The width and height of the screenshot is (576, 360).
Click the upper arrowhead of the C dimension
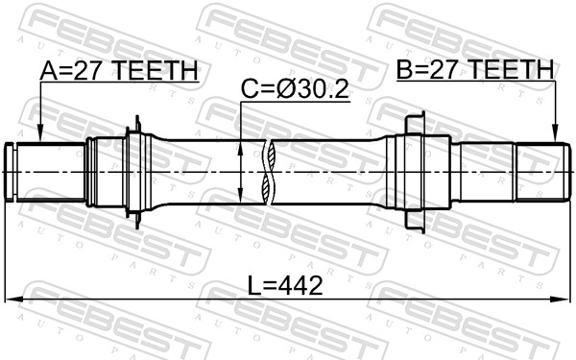[x=239, y=145]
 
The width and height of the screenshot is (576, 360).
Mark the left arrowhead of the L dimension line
[x=12, y=300]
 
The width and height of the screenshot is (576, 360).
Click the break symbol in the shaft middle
[x=271, y=172]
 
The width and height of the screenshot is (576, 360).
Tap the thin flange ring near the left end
[x=137, y=172]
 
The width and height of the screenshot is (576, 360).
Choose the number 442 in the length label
[x=297, y=285]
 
